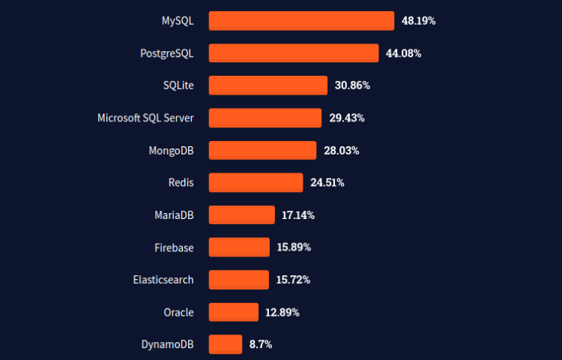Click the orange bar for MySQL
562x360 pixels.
pyautogui.click(x=301, y=21)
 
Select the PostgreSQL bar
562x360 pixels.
pyautogui.click(x=294, y=53)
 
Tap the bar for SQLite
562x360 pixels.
pyautogui.click(x=268, y=85)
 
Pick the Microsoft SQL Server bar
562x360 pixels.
pyautogui.click(x=265, y=118)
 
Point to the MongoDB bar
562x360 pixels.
pyautogui.click(x=262, y=150)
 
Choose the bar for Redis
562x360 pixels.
pyautogui.click(x=256, y=182)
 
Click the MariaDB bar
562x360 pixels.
pyautogui.click(x=241, y=215)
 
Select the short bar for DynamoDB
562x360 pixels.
pyautogui.click(x=225, y=344)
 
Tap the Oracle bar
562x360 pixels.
pyautogui.click(x=233, y=312)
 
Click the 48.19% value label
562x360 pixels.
pyautogui.click(x=418, y=21)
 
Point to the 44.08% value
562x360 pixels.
pyautogui.click(x=403, y=53)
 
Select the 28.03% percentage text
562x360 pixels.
pyautogui.click(x=341, y=151)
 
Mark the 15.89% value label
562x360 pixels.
pyautogui.click(x=294, y=247)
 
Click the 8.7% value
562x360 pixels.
pyautogui.click(x=260, y=345)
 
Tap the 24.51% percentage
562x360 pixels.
pyautogui.click(x=327, y=183)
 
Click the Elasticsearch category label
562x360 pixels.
pyautogui.click(x=163, y=280)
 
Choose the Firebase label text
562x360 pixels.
pyautogui.click(x=174, y=247)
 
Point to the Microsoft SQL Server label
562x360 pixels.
pyautogui.click(x=145, y=118)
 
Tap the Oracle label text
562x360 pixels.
pyautogui.click(x=178, y=312)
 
